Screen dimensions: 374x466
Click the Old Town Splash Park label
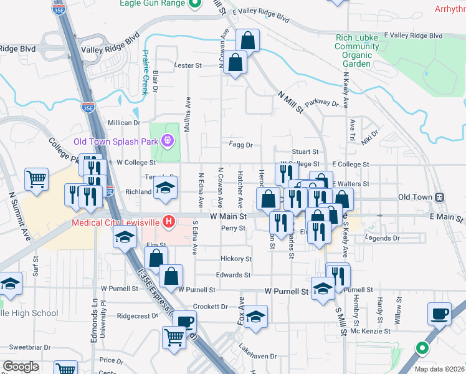[x=116, y=141]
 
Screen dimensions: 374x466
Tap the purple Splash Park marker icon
[x=167, y=141]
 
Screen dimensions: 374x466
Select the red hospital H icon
[x=168, y=221]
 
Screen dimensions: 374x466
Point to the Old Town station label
[x=415, y=197]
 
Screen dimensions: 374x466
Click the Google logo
[x=21, y=367]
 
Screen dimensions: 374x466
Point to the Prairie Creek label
[x=145, y=72]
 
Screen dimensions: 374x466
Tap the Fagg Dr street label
[x=240, y=145]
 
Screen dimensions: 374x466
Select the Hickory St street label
[x=236, y=259]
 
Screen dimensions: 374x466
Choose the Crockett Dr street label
[x=210, y=307]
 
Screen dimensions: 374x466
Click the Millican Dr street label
[x=124, y=123]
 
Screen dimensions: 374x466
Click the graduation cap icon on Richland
[x=166, y=186]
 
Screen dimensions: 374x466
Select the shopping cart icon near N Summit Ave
[x=37, y=179]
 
